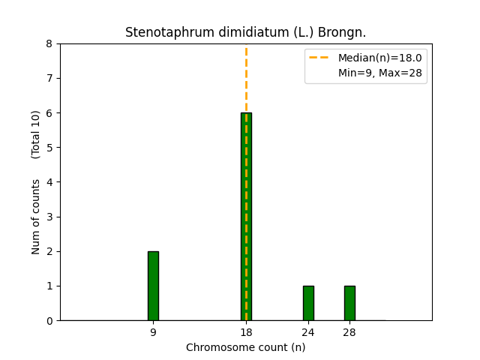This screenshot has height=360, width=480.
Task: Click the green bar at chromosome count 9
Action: pos(153,286)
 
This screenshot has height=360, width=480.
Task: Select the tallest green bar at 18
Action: pos(246,217)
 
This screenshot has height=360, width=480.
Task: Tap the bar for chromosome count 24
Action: pos(308,303)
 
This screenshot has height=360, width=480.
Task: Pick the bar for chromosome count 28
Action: pos(349,303)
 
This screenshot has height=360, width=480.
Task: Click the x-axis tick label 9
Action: pos(153,332)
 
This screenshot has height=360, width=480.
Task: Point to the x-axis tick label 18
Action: pos(246,332)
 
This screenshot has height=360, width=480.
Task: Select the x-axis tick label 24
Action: pos(308,332)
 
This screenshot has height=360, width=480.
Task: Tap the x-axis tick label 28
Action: pos(349,332)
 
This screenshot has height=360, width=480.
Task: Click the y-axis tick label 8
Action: pos(49,43)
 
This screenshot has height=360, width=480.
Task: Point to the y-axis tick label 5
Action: pos(49,148)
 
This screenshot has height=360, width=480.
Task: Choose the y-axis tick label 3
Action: pos(49,217)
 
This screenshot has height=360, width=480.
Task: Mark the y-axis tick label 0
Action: pos(49,321)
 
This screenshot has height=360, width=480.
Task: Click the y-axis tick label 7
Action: pos(49,78)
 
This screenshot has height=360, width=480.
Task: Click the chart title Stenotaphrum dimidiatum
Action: pos(245,32)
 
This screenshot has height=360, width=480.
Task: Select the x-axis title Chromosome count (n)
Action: pos(245,347)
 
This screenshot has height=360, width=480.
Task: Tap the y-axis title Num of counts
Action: pos(36,216)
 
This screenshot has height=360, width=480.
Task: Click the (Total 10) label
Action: pos(36,134)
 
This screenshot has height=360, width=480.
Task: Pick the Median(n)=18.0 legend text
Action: pos(379,58)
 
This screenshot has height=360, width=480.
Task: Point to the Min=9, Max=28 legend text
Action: pos(379,72)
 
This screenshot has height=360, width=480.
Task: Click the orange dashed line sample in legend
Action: pos(320,58)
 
